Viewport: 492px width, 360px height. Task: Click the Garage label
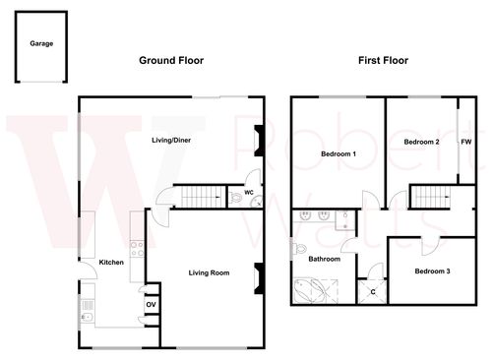40,44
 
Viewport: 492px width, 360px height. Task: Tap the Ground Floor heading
170,61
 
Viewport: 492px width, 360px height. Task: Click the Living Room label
209,272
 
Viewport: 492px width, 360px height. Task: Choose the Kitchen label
110,263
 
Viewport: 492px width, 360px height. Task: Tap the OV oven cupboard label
151,304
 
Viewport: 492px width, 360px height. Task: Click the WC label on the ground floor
250,193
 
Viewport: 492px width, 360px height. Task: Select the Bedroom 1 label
338,155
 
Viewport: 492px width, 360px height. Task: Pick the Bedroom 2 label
421,143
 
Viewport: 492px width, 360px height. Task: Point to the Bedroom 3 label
432,270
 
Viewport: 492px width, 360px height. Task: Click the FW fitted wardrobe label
465,143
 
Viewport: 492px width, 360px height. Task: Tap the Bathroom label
325,260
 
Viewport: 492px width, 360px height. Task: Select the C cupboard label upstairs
373,292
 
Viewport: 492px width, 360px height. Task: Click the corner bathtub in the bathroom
311,291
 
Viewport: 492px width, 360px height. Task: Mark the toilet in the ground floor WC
236,200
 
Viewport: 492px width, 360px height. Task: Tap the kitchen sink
88,317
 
